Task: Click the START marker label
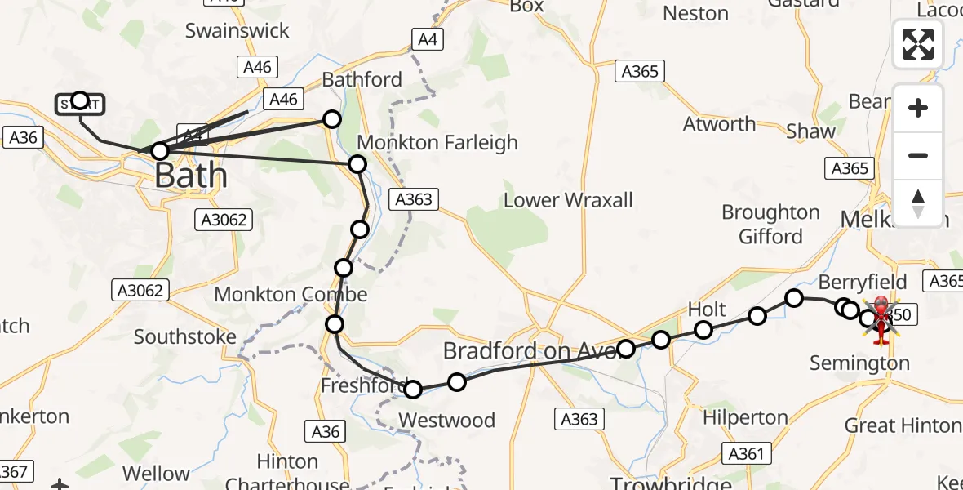79,104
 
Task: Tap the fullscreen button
918,44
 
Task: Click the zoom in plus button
918,108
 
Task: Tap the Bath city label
191,175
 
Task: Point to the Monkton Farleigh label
437,142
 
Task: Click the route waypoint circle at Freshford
413,390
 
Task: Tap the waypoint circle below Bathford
331,119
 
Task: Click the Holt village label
707,310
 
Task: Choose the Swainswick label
237,31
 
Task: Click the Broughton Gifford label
770,225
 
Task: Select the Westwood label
446,421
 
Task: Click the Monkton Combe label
291,295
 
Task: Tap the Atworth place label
719,124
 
